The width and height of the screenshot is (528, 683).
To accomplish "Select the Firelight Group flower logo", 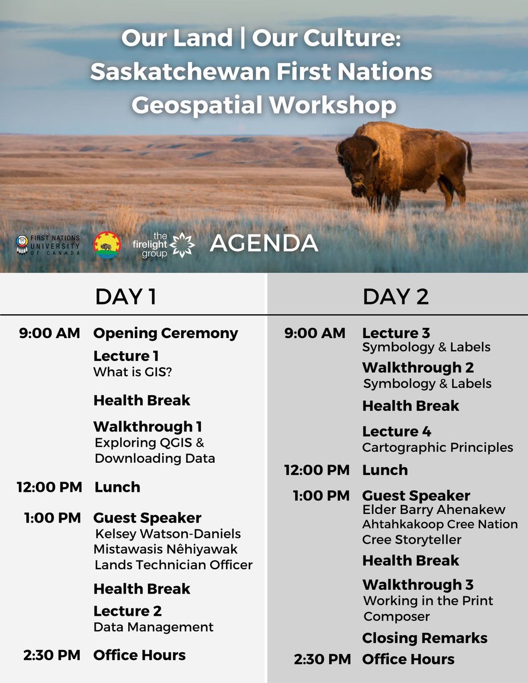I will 183,244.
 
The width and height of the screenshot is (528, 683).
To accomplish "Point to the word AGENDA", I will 264,244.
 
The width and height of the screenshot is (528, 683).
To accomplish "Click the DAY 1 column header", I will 125,296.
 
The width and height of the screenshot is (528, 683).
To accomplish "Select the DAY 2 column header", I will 396,296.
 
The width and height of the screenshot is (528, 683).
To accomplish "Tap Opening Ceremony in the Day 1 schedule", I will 165,333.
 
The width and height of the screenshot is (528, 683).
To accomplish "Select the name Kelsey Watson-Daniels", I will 167,534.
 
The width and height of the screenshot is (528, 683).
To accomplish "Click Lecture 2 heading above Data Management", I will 127,611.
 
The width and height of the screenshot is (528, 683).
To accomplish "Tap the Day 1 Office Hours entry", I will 139,655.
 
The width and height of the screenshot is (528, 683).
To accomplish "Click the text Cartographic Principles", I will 437,448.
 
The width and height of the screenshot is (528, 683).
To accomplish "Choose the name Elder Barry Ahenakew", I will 433,509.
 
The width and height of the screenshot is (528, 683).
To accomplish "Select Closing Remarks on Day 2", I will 424,638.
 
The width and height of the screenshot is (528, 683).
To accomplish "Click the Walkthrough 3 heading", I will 418,585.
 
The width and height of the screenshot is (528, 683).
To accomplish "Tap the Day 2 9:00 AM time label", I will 315,333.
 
